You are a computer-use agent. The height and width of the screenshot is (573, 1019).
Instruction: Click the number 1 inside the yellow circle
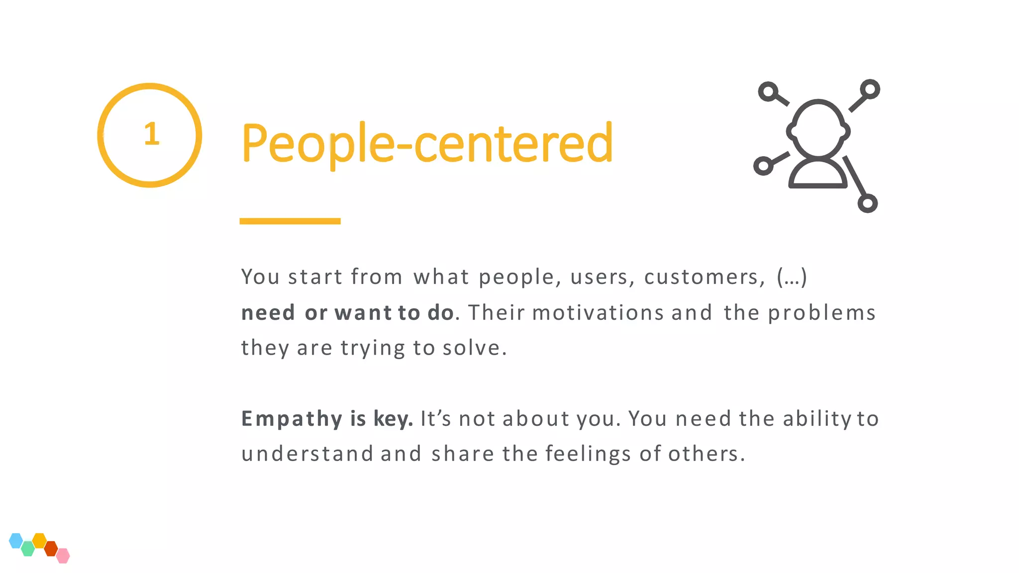[x=151, y=134]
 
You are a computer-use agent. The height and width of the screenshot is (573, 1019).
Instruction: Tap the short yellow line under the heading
[x=290, y=221]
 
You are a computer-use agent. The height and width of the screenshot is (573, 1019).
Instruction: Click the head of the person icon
[x=818, y=128]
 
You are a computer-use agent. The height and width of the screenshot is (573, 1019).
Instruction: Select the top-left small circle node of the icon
[x=769, y=92]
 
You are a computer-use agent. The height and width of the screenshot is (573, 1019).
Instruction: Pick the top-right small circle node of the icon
[x=870, y=90]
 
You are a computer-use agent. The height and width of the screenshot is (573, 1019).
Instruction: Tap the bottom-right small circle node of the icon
[x=867, y=203]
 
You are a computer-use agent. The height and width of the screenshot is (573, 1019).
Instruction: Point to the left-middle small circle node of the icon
[x=763, y=166]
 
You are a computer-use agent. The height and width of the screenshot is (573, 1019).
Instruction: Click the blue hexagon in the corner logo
[x=16, y=540]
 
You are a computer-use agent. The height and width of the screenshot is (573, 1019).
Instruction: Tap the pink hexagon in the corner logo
[x=63, y=556]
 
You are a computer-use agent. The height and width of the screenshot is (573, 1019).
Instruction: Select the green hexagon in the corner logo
[x=28, y=549]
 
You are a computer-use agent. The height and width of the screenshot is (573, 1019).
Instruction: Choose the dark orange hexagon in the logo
[x=51, y=549]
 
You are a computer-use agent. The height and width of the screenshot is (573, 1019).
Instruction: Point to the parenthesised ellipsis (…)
[x=792, y=277]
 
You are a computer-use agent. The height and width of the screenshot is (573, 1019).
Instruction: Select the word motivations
[x=598, y=313]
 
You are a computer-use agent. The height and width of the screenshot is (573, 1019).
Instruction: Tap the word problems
[x=821, y=313]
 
